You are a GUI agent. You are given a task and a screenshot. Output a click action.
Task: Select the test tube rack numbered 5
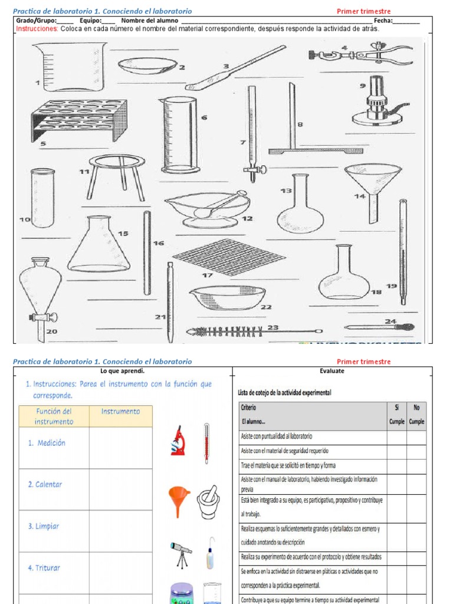click(79, 120)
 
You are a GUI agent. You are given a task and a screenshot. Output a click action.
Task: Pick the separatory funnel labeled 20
click(40, 292)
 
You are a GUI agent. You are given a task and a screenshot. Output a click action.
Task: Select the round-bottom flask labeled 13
click(300, 206)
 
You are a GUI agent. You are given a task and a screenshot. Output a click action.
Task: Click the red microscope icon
click(178, 441)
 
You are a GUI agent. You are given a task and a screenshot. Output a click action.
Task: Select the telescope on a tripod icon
click(180, 554)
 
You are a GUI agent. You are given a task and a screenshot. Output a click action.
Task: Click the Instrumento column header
click(120, 411)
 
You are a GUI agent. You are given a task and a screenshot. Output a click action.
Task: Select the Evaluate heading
click(332, 371)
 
